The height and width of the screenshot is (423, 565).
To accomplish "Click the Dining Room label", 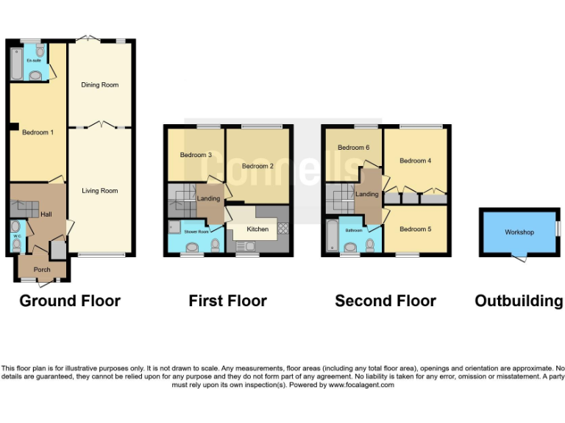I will point(99,85).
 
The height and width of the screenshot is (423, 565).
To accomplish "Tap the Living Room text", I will point(99,191).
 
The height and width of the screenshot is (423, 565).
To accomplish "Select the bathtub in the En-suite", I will point(16,63).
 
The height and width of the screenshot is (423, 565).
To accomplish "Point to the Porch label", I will point(42,270).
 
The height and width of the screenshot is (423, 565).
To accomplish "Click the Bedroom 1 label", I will point(37,132).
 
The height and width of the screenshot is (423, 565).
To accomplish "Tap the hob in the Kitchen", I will point(284,229).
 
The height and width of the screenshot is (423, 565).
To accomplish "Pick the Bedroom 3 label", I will point(196,155).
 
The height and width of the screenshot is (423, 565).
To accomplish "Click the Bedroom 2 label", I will point(257,166).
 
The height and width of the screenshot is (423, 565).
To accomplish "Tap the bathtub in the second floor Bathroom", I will point(331,236).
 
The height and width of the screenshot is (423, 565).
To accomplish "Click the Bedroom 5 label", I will point(415,229).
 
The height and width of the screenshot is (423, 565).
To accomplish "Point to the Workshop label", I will point(519,232).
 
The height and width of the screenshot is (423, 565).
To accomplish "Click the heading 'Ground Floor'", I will point(70,300).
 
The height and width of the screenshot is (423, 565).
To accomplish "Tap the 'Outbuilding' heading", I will point(519,300).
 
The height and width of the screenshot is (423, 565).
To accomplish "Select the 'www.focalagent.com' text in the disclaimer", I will point(360,385).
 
